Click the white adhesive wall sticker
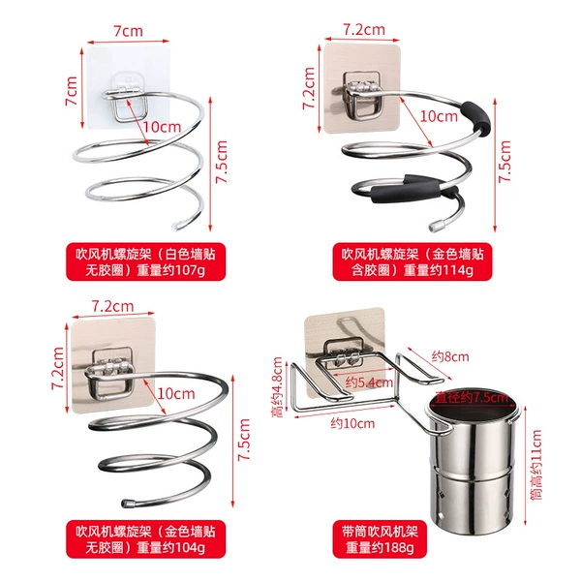click(128, 87)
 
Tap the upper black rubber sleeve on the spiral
click(476, 117)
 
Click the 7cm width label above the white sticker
click(128, 31)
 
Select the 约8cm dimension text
click(450, 356)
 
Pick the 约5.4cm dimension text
click(369, 382)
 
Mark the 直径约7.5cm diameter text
click(472, 398)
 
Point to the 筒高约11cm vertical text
click(536, 464)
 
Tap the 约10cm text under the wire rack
click(352, 423)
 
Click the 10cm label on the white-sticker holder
click(162, 127)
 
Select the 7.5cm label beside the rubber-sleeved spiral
click(505, 162)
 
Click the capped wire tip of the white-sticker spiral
click(176, 226)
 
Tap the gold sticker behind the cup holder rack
click(344, 352)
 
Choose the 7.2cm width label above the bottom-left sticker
click(112, 306)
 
